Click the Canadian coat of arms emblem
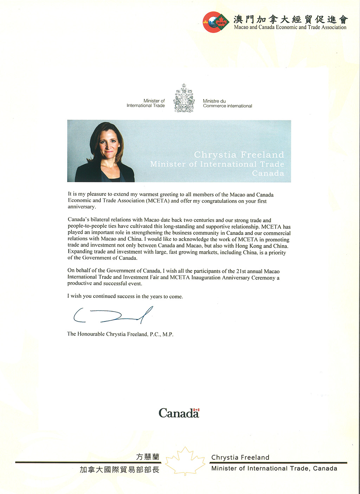point(184,98)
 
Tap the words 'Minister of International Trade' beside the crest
point(146,103)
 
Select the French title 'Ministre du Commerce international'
point(227,103)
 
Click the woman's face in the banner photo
point(108,144)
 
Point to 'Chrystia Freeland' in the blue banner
point(239,155)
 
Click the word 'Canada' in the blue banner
point(268,173)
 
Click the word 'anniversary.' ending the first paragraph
point(82,207)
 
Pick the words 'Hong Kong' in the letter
point(249,246)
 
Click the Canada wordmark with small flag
point(179,413)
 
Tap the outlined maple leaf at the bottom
point(185,461)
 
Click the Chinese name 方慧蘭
point(148,457)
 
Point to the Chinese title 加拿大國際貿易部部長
point(120,470)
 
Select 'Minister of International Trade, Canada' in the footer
point(274,468)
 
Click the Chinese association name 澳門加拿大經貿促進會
point(290,19)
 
